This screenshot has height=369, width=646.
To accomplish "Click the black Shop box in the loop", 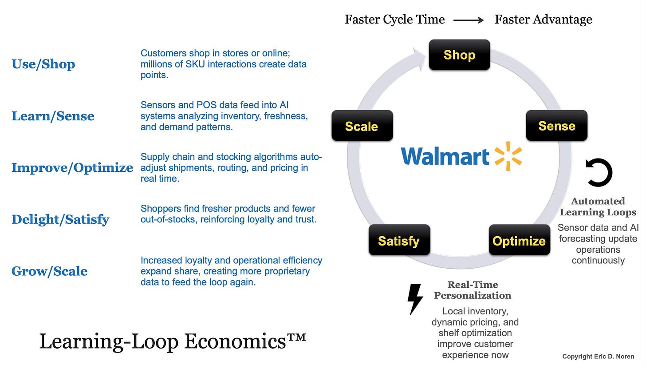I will (x=459, y=55).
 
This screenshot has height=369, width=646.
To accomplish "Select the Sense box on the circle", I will (x=556, y=126).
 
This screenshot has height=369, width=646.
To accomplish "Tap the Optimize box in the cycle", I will (x=519, y=241).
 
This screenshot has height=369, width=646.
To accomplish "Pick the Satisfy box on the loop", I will (x=399, y=241).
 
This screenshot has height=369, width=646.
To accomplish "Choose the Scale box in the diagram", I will (x=362, y=126).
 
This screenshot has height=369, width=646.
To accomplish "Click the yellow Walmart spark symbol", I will (x=508, y=156).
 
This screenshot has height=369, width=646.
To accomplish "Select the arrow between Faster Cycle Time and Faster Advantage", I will (x=469, y=20).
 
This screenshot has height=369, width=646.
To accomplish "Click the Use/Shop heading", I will (x=43, y=64).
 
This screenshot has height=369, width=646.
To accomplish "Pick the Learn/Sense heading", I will (x=53, y=116).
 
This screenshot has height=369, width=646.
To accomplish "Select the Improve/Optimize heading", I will (x=72, y=168).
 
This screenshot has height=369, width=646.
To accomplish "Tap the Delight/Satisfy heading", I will (x=60, y=219).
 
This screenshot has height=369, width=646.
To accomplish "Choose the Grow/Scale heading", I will (x=49, y=271).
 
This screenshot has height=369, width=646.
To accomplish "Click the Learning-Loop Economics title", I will (x=173, y=341).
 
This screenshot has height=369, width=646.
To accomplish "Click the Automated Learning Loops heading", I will (x=598, y=206).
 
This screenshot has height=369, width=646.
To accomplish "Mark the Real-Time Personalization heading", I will (x=473, y=290).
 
